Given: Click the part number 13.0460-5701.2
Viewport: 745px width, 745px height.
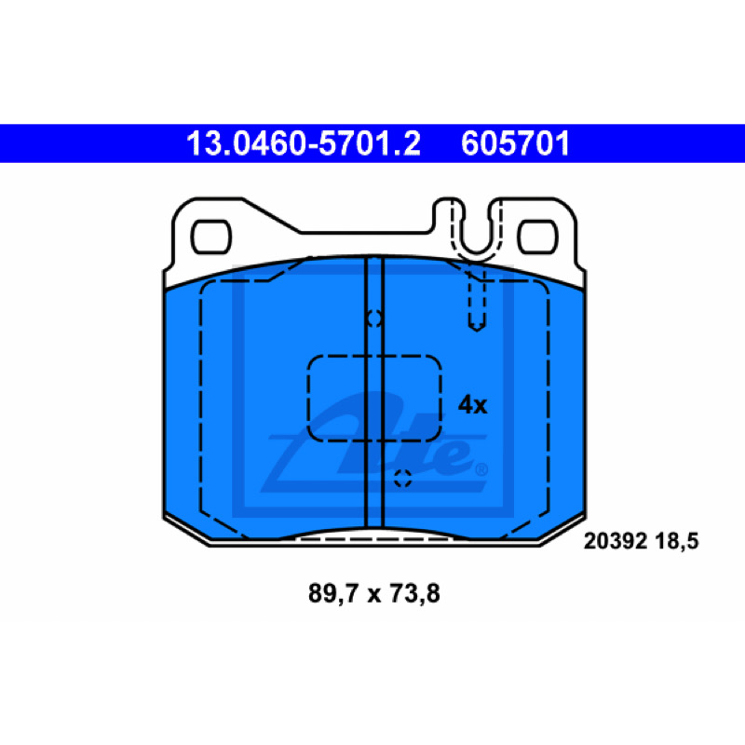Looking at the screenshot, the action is tap(304, 143).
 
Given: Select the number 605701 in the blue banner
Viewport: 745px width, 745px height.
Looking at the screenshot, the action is tap(515, 143).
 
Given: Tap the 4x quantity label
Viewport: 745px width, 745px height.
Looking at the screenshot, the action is tap(472, 405).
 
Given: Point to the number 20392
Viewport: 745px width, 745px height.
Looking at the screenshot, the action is tap(616, 541).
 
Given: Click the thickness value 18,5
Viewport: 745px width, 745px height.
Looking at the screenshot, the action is tap(677, 541).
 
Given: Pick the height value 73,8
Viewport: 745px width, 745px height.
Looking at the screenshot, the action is tap(414, 593).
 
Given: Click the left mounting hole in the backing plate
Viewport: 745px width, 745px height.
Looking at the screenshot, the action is tap(211, 237).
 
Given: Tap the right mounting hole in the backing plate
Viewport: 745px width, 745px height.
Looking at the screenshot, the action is tap(538, 237).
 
